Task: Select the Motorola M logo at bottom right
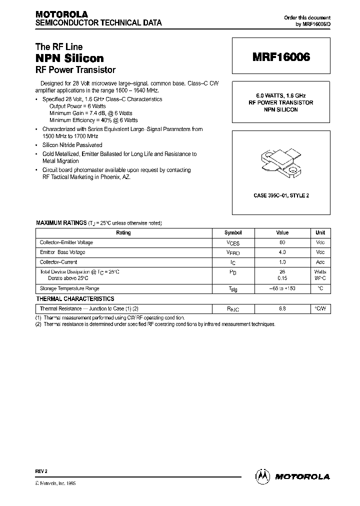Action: click(x=263, y=476)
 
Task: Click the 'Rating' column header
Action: click(x=123, y=232)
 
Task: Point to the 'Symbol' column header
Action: click(x=233, y=232)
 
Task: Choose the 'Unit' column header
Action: click(x=320, y=232)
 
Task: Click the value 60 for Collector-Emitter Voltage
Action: click(x=282, y=242)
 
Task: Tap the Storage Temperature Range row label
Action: click(x=69, y=288)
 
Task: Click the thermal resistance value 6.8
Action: click(x=282, y=309)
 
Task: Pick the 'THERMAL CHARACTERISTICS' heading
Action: click(x=75, y=298)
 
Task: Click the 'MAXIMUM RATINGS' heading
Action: click(x=60, y=223)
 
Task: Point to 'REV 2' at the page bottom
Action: click(x=41, y=471)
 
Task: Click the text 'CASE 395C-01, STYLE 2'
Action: click(x=281, y=195)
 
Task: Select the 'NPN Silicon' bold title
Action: click(x=69, y=58)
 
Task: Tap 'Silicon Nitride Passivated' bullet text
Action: click(x=72, y=145)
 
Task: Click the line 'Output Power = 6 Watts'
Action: click(x=77, y=106)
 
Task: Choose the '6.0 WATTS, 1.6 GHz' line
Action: click(x=281, y=95)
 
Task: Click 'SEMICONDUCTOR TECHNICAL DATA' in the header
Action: click(x=98, y=23)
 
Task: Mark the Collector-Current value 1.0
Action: click(x=282, y=262)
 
